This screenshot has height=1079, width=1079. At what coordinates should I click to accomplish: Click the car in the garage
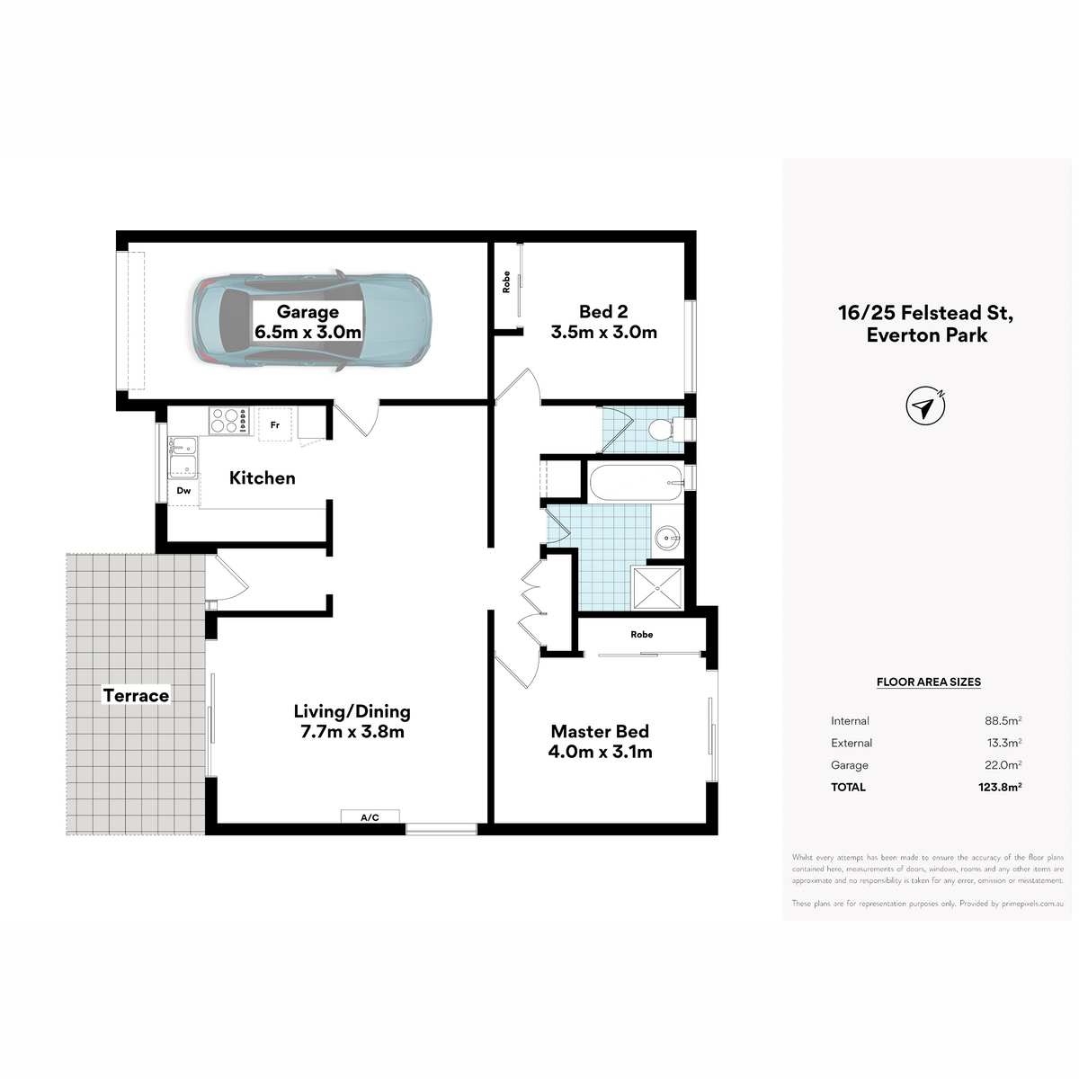pos(312,321)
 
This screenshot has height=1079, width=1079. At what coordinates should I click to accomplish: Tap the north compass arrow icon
pos(925,406)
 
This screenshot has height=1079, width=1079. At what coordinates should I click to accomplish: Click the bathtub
pos(636,482)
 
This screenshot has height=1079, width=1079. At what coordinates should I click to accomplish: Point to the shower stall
pos(657,587)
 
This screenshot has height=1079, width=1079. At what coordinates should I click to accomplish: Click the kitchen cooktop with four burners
pos(227,421)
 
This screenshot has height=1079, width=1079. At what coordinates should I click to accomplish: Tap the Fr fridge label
pos(275,425)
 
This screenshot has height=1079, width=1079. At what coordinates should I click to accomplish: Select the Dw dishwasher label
pos(183,491)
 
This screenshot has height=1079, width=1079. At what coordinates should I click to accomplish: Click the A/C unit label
pos(370,817)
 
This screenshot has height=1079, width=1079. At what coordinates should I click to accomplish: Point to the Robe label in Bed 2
pos(506,281)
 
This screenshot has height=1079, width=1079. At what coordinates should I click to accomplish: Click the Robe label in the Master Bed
pos(642,635)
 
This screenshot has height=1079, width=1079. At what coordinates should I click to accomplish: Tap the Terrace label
pos(136,695)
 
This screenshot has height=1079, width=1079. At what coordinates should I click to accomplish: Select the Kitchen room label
pos(262,477)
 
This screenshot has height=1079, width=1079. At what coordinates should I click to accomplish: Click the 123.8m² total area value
pos(1000,787)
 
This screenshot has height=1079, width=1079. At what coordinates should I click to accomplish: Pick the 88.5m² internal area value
pos(1003,720)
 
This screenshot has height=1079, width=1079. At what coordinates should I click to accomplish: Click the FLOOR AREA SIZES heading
pos(928,682)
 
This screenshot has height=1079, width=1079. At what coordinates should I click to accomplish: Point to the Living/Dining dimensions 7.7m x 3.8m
pos(352,732)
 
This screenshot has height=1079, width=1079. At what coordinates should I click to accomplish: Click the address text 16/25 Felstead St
pos(925,312)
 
